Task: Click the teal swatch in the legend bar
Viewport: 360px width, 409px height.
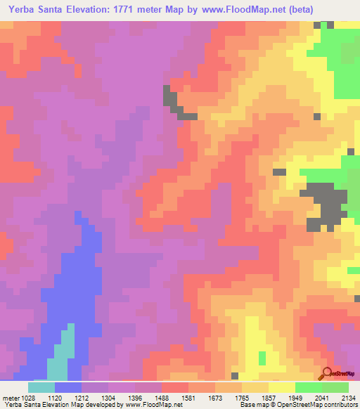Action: coord(41,387)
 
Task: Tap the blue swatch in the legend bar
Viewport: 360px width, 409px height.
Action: coord(68,387)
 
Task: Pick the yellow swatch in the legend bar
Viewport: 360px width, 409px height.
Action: coord(282,387)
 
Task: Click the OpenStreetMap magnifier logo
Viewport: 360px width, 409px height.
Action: coord(327,375)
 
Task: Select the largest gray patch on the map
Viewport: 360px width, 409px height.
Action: coord(324,204)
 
